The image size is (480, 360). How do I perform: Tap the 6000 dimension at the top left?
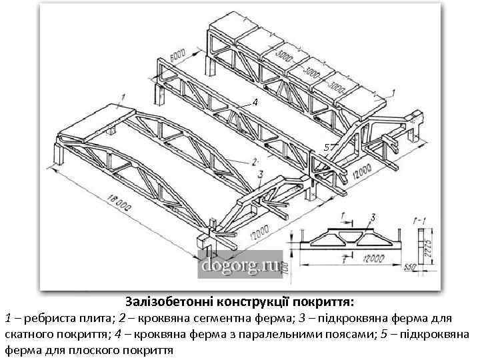click(177, 57)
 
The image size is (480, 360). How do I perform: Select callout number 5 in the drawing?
click(327, 146)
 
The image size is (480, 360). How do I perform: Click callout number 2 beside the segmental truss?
click(255, 161)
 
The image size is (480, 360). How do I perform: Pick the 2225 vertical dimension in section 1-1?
click(428, 239)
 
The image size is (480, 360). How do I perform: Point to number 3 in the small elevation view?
click(373, 217)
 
